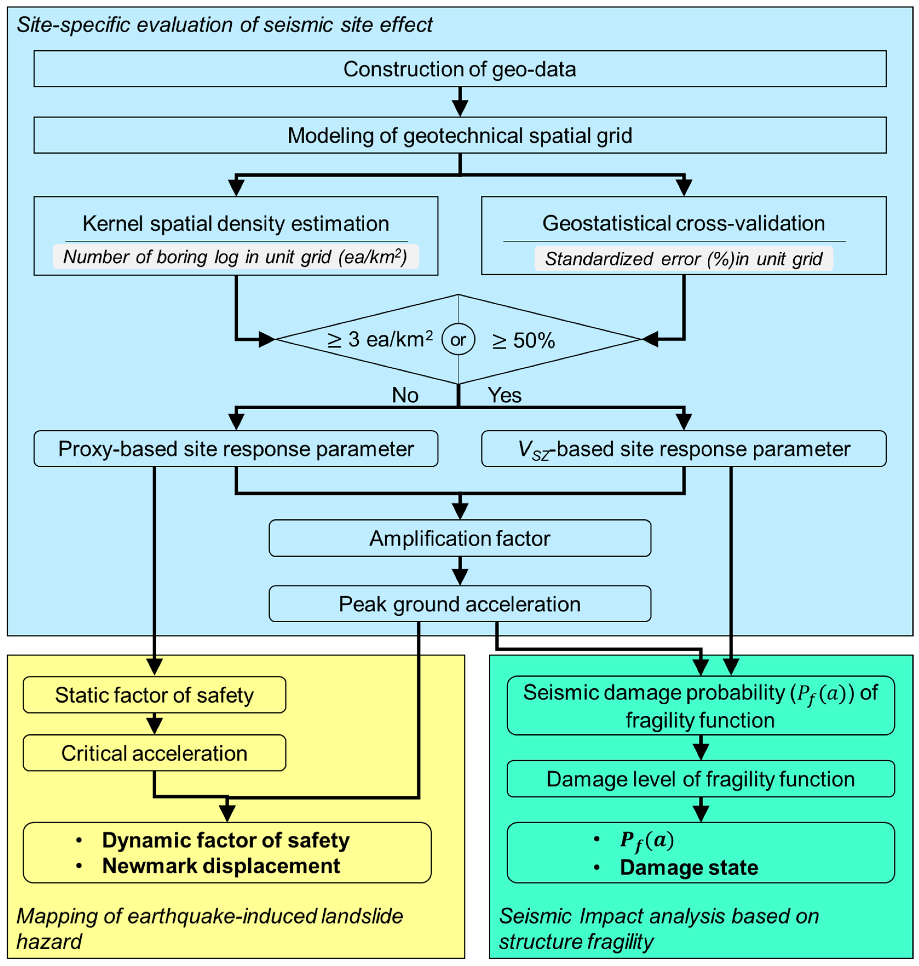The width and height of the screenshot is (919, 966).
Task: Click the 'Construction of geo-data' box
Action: pos(459,68)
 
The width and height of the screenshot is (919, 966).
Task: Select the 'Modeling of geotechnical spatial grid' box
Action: pos(459,135)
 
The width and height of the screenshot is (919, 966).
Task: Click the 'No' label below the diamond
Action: pos(405,395)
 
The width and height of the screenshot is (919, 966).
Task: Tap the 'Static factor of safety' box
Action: pos(154,695)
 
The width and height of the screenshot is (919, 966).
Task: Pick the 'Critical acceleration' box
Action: pos(154,753)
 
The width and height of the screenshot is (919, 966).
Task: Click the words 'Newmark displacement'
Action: pos(221,866)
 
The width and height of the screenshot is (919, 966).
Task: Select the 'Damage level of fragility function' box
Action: pos(701,779)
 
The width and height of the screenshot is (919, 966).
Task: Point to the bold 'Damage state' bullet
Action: pos(689,867)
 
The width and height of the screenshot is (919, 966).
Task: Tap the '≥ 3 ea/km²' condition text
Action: pos(380,339)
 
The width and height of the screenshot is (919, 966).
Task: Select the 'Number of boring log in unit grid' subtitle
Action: pos(235,257)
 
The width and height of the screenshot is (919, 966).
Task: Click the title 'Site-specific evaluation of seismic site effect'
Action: pos(225,24)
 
